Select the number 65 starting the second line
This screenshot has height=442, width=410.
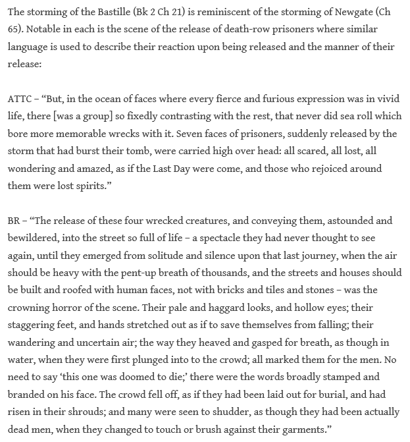[14, 30]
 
